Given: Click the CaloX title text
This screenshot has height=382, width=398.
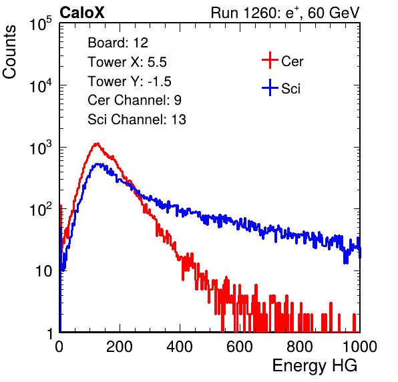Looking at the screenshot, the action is click(82, 13).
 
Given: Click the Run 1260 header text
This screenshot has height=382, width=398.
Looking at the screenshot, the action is click(285, 13).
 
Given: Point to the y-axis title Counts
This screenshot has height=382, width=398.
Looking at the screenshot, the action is click(9, 52).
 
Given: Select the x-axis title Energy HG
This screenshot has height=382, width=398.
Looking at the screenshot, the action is click(315, 366).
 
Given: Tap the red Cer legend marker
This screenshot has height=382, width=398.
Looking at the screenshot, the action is click(270, 60).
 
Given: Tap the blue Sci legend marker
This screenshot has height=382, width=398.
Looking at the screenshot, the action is click(270, 87).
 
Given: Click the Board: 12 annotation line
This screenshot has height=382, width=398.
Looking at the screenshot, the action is click(118, 43).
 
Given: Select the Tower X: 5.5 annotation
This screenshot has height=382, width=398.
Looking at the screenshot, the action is click(127, 62).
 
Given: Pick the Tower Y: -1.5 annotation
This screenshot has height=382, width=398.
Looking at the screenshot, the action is click(130, 81).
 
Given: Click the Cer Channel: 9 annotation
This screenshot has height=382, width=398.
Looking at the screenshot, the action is click(134, 100).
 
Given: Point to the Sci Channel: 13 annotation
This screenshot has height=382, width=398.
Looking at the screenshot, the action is click(137, 120).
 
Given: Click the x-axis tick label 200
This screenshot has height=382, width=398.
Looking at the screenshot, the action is click(120, 347).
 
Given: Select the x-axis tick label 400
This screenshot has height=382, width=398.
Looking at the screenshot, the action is click(180, 347).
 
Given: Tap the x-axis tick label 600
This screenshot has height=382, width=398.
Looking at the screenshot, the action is click(240, 347).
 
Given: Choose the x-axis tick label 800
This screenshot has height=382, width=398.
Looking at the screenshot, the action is click(300, 347).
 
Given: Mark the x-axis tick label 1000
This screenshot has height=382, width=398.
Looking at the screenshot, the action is click(360, 347).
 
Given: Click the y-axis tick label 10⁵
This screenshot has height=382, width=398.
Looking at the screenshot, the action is click(41, 23).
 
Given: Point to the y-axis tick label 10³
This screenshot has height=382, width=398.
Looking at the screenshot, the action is click(41, 148).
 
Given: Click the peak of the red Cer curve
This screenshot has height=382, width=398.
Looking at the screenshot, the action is click(96, 144).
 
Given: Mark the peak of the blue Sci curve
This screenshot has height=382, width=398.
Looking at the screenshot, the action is click(97, 165).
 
